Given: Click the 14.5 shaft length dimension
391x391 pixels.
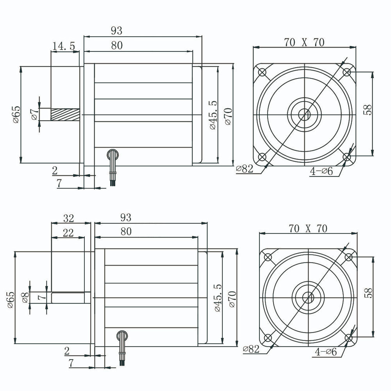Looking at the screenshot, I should pos(63,46).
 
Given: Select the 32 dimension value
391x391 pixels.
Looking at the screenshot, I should pos(68,218).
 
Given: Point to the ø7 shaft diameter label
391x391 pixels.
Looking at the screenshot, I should pos(34,114).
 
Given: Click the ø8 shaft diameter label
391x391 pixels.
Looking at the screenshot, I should pos(25,298).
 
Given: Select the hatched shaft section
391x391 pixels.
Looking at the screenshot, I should pos(65,114).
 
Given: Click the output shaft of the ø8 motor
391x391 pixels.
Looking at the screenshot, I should pos(68,298).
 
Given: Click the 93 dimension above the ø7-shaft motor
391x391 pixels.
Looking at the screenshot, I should pos(116,30).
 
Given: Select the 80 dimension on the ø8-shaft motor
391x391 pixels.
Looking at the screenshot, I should pos(126,231).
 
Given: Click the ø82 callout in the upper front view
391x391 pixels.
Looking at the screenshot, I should pos(245,169).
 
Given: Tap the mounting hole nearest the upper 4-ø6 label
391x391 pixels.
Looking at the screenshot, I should pos(346,157).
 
